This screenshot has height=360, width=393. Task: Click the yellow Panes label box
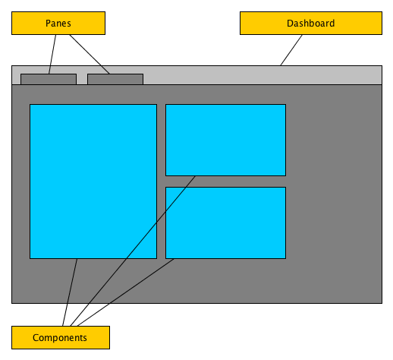pos(58,23)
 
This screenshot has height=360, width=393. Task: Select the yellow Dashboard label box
pos(311,23)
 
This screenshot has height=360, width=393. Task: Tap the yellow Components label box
pos(61,337)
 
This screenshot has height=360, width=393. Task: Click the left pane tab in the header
pos(49,79)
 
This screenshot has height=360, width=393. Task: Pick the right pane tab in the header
pos(115,79)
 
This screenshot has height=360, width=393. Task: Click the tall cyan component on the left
pos(93,182)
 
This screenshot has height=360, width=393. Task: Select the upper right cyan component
pos(225,140)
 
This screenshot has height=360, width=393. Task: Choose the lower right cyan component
pos(225,223)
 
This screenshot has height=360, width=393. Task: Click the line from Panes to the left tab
pos(52,54)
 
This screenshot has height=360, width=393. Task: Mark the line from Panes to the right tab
pos(90,54)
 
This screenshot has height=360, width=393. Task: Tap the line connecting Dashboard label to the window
pos(291,50)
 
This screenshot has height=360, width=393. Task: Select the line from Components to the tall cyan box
pos(70,292)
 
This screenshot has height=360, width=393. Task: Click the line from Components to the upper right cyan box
pos(133,251)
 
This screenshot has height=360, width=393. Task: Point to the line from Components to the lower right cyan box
pos(126,292)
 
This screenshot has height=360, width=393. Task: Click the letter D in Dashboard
pos(290,24)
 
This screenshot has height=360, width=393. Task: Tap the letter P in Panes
pos(48,24)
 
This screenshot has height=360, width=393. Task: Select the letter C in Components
pos(36,338)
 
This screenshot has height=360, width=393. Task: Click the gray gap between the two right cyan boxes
pos(225,182)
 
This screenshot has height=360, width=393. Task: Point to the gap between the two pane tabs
pos(82,79)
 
